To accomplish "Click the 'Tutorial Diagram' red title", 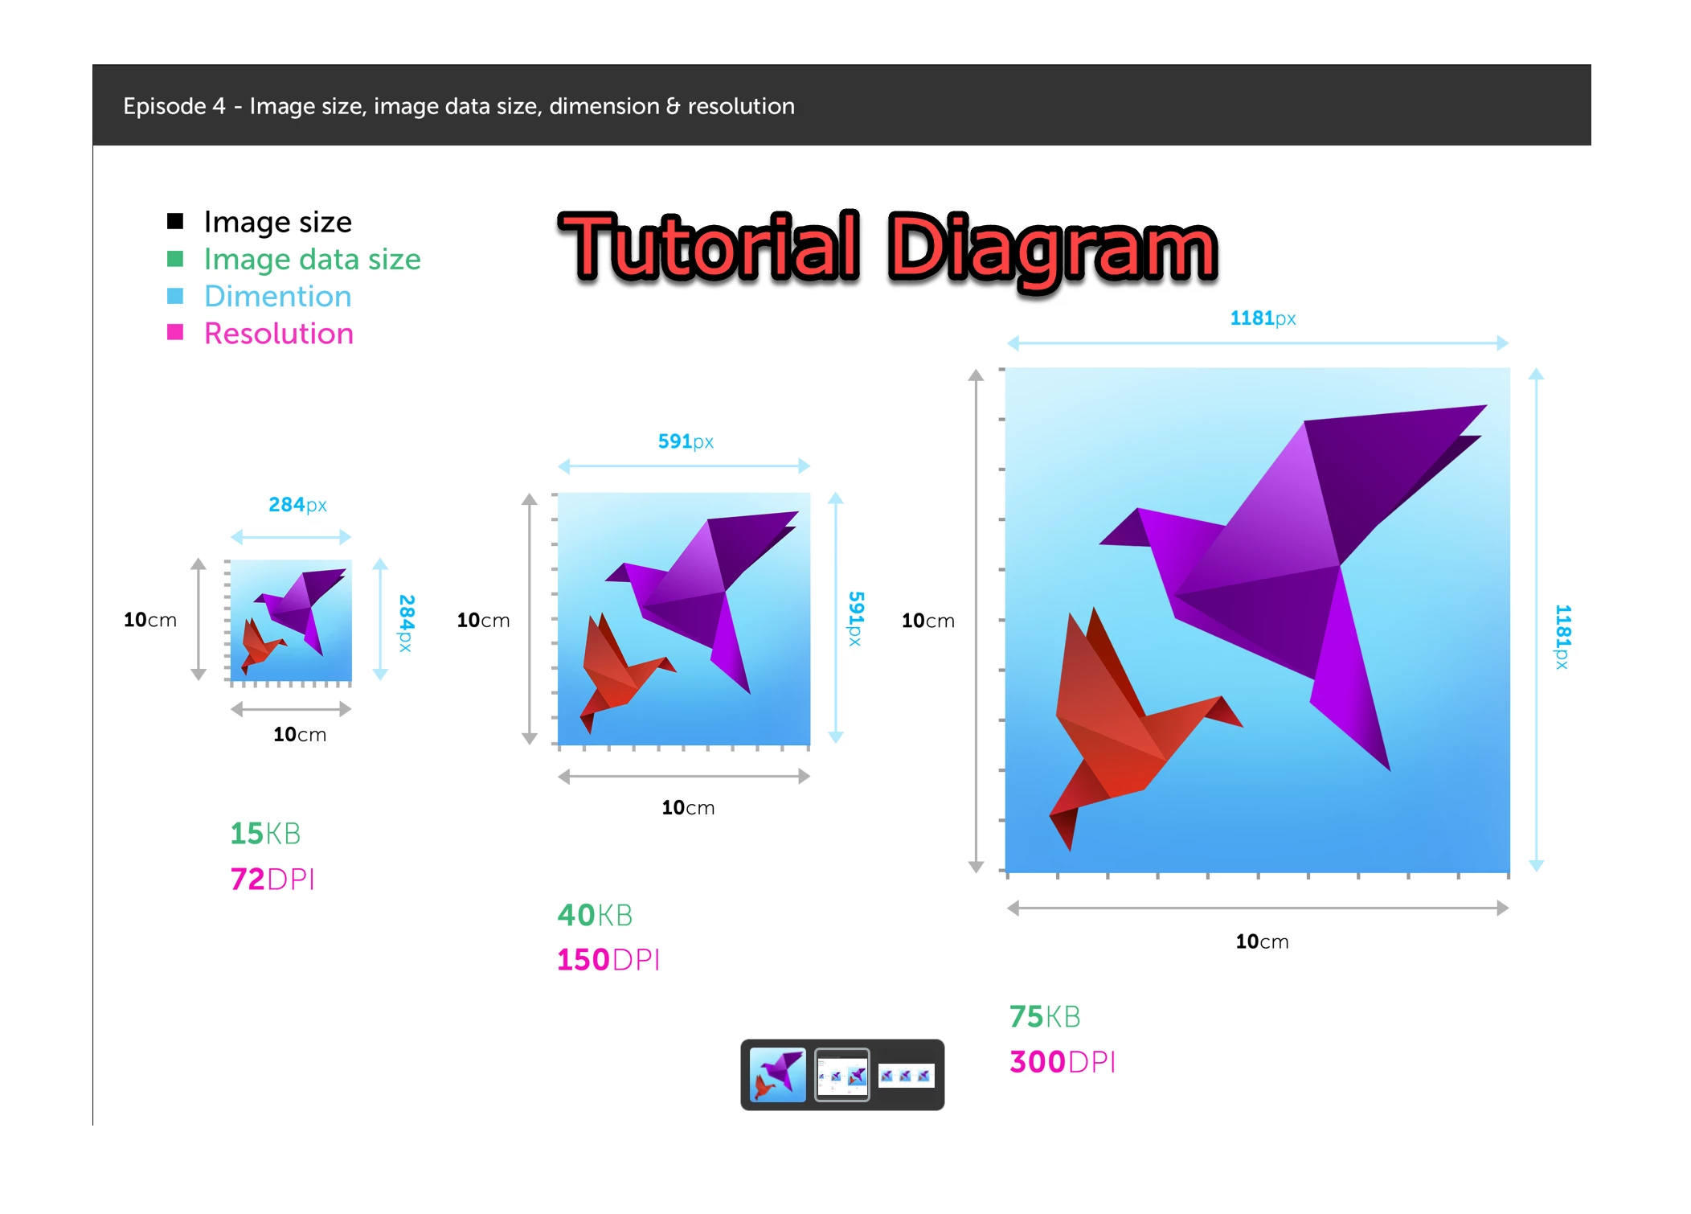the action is click(x=888, y=249).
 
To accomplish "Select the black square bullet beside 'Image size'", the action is click(x=175, y=221).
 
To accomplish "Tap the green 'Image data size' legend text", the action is click(x=312, y=260).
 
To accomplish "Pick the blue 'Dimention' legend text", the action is click(x=277, y=296).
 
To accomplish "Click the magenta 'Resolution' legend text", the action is click(x=278, y=333).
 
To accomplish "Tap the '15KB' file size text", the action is click(x=265, y=834).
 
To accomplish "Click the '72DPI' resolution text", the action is click(x=272, y=879).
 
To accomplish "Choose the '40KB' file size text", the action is click(x=595, y=915).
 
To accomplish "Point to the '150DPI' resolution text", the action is click(x=608, y=960).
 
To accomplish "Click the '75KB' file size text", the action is click(x=1045, y=1017).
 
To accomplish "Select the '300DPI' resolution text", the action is click(x=1063, y=1062).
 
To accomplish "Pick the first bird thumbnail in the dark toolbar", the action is click(x=777, y=1075).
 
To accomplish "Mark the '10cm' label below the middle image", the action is click(x=688, y=807).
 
